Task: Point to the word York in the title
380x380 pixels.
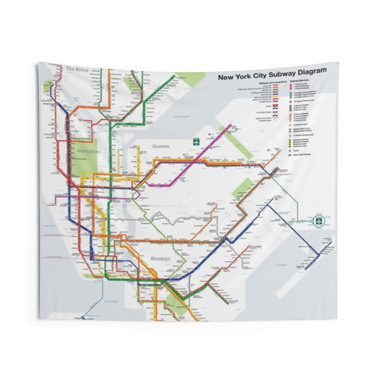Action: coord(242,76)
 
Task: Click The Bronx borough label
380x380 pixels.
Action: coord(77,69)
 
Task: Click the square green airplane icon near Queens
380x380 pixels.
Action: coord(196,142)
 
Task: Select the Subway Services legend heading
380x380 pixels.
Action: coord(301,86)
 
